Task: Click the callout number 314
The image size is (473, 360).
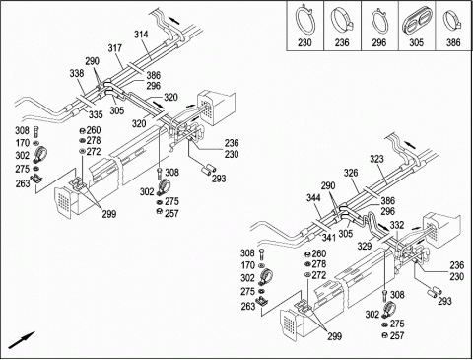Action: point(141,35)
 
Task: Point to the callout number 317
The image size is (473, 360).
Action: point(115,48)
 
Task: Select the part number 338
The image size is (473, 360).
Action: point(77,73)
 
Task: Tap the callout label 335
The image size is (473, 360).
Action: point(96,114)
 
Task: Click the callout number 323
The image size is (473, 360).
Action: point(376,159)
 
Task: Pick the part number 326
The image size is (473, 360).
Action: point(351,173)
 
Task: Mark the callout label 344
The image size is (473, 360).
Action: point(313,198)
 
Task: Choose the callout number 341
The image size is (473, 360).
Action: point(329,237)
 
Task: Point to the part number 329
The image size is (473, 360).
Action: point(365,246)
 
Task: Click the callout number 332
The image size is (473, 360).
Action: point(397,225)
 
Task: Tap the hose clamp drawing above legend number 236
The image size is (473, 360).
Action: point(342,20)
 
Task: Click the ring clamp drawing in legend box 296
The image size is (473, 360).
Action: point(379,21)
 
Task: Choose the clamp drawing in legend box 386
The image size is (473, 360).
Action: point(452,21)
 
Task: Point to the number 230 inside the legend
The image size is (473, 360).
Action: point(304,42)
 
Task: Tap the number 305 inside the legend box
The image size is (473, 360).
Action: point(416,42)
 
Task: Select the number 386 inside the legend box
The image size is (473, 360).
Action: point(453,42)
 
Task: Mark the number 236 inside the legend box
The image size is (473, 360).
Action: point(342,42)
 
